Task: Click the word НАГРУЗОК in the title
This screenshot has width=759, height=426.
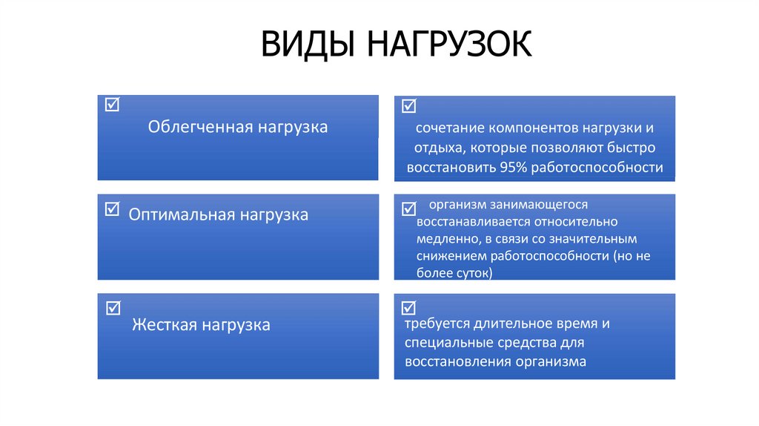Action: click(x=448, y=44)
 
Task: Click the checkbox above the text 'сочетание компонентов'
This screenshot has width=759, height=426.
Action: click(x=408, y=106)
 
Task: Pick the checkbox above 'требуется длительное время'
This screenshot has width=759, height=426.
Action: click(x=408, y=307)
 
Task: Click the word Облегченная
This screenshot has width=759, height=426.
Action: click(x=201, y=127)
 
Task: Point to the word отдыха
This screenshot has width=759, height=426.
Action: click(x=437, y=148)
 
